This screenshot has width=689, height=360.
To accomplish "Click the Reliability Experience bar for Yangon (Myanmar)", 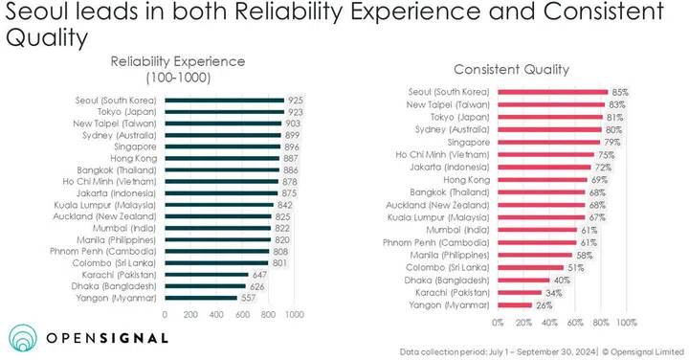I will coord(200,298).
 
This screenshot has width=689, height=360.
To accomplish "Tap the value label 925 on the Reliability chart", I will coord(297,100).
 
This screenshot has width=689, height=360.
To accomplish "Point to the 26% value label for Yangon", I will coord(545,304).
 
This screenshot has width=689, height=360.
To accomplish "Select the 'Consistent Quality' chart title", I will coord(524,69).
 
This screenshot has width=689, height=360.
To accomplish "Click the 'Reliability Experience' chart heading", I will coord(177,61).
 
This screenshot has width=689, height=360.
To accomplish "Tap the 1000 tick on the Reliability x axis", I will coord(295,314).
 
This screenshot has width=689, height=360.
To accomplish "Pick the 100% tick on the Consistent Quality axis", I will coord(628,322).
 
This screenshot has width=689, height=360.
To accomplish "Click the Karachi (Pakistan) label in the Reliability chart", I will coord(121,273).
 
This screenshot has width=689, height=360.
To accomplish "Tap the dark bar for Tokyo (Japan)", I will coord(224,112).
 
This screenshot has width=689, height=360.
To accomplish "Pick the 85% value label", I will coord(620,92).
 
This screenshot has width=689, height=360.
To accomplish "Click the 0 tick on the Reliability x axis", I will coord(165,314).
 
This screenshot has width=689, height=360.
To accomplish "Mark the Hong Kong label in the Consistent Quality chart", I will coord(464,178).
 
